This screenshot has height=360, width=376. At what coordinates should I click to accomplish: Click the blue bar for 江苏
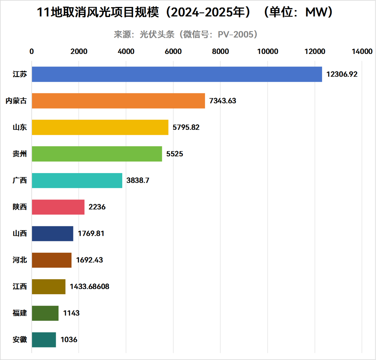tap(177, 74)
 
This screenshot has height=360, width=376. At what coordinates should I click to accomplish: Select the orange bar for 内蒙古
tap(118, 101)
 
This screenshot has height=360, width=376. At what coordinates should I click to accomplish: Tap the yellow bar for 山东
tap(100, 127)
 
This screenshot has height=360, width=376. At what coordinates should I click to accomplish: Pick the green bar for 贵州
tap(97, 154)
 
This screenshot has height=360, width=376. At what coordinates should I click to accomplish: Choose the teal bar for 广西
tap(77, 180)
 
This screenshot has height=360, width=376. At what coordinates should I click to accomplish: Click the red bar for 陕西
tap(58, 207)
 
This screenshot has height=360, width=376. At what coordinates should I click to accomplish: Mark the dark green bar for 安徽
tap(44, 339)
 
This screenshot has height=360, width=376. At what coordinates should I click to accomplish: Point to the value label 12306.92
tap(342, 74)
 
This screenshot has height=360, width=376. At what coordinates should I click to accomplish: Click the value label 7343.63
tap(223, 101)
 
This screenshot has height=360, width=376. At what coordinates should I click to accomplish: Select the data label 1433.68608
tap(89, 287)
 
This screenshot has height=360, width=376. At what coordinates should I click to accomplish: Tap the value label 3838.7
tap(138, 180)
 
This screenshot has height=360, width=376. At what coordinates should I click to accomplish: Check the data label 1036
tap(69, 339)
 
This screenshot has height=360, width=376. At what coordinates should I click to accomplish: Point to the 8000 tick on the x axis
tap(220, 52)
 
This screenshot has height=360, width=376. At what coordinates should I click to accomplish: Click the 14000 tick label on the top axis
tap(362, 52)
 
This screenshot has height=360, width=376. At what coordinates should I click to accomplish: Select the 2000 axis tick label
tap(79, 52)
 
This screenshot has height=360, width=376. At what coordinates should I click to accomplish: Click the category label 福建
tap(19, 313)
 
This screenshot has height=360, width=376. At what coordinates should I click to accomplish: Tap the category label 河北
tap(19, 260)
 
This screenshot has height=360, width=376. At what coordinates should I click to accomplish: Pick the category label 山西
tap(19, 233)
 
